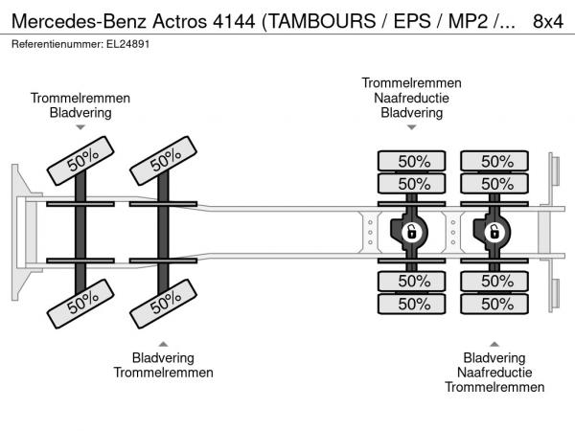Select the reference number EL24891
126,43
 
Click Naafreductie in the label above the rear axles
411,98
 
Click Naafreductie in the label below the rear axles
494,372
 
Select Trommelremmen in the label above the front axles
80,98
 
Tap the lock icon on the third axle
411,232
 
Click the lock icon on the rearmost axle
494,232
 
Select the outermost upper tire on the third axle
413,161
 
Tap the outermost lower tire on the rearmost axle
495,304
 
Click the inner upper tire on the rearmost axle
495,184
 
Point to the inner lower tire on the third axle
413,281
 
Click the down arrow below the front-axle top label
80,126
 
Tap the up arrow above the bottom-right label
494,344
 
